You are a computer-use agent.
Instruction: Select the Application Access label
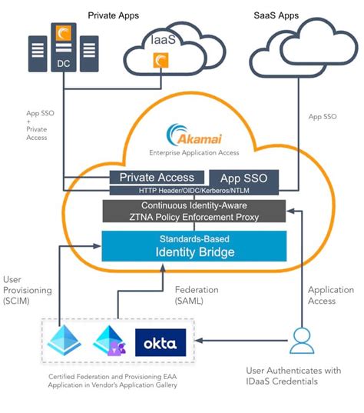tap(331, 295)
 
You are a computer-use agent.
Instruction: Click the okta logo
tap(160, 343)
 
